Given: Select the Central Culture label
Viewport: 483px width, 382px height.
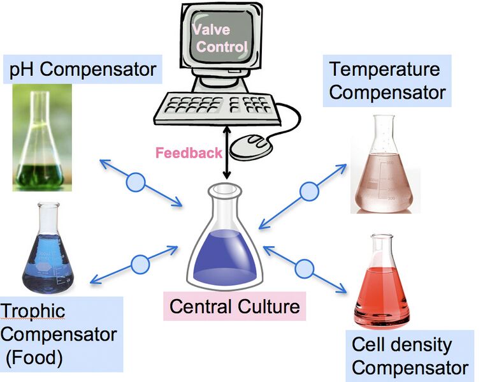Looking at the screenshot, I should (234, 307).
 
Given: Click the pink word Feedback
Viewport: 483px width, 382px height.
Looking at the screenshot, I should (189, 153).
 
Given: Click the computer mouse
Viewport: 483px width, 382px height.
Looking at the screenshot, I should (250, 146).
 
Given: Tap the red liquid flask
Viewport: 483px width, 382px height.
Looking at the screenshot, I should (382, 287).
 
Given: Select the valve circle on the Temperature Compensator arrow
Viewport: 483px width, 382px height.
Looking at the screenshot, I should (309, 191).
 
